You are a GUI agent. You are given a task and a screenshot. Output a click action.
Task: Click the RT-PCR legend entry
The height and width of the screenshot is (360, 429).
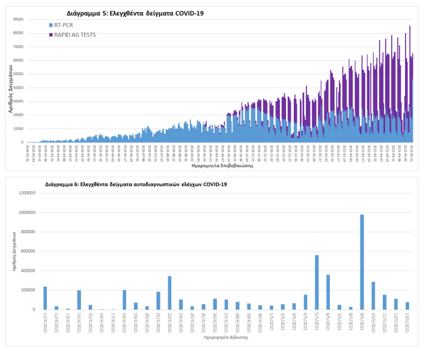[x=64, y=25]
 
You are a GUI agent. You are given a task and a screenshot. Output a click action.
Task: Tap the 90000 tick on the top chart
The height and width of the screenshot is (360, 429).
[x=17, y=19]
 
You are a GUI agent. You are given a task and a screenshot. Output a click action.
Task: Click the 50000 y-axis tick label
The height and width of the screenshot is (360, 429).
[x=17, y=74]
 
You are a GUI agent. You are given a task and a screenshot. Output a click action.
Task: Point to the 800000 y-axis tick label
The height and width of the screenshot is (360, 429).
[x=27, y=232]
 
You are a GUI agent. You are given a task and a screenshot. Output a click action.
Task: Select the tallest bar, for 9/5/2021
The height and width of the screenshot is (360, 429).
[x=362, y=261]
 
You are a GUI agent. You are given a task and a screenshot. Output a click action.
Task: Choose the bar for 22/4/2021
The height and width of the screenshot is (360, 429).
[x=169, y=293]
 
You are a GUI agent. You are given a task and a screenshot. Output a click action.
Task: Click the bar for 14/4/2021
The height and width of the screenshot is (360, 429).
[x=79, y=299]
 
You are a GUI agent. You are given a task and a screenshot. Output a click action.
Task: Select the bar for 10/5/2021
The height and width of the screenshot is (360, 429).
[x=373, y=295]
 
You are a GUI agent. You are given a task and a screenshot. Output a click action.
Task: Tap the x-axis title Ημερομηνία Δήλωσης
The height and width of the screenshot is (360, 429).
[x=225, y=337]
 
